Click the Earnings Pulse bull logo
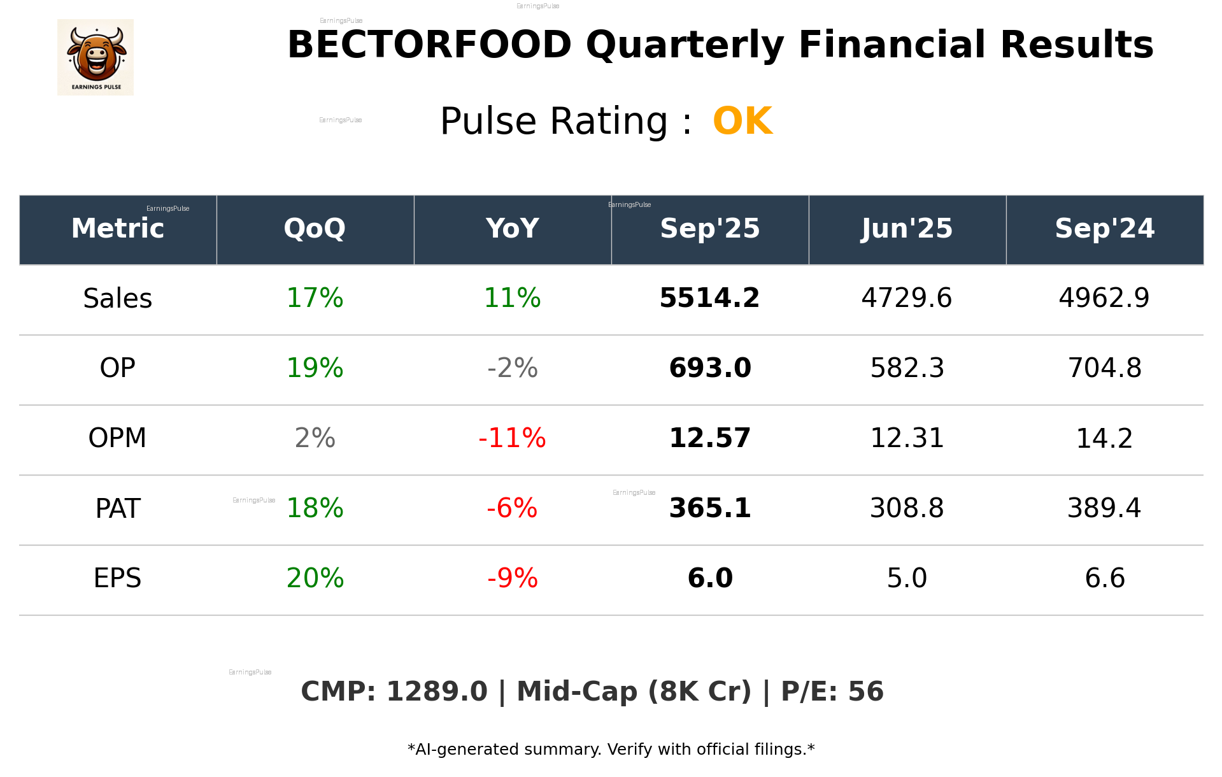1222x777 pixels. click(x=96, y=57)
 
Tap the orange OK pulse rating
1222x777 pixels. click(x=742, y=121)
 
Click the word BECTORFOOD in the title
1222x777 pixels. click(x=430, y=45)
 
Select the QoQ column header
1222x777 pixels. click(x=315, y=229)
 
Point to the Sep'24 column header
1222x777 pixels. click(x=1104, y=229)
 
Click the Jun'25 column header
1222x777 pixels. click(x=907, y=229)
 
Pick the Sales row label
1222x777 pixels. click(x=118, y=299)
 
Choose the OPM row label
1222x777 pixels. click(x=118, y=438)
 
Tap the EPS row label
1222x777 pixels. click(x=118, y=578)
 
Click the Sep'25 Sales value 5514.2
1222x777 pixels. click(x=709, y=298)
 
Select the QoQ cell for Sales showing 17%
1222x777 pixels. click(x=315, y=298)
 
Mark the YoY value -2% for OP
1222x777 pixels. click(x=512, y=368)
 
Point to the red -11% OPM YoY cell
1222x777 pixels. click(x=512, y=438)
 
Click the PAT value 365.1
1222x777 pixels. click(x=710, y=508)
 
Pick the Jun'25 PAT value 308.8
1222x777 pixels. click(x=907, y=508)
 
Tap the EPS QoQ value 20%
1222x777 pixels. click(x=315, y=578)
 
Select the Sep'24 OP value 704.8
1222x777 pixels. click(x=1104, y=368)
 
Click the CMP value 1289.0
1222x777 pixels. click(x=437, y=692)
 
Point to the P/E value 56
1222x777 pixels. click(x=866, y=692)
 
